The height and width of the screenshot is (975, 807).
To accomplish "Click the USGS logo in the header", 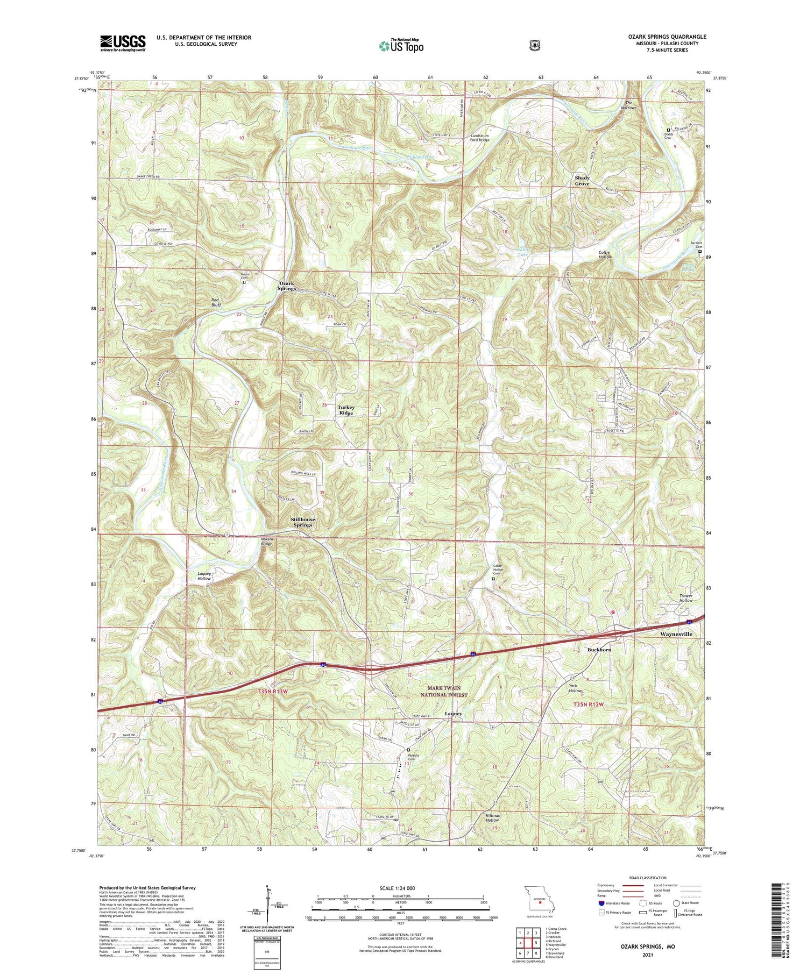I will tap(123, 43).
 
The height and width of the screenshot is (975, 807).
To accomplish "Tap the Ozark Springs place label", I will tap(287, 286).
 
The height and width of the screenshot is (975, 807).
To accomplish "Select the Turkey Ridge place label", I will tap(346, 410).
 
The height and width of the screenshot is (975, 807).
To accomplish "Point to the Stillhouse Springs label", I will tap(302, 522).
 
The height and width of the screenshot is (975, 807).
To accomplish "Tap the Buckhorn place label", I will tap(599, 650).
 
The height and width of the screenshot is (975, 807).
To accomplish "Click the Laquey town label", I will tap(454, 714).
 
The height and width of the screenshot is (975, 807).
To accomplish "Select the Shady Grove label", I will tap(582, 180).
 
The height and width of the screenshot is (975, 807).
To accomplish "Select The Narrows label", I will tap(631, 105).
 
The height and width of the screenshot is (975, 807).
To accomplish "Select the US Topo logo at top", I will tap(401, 46).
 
